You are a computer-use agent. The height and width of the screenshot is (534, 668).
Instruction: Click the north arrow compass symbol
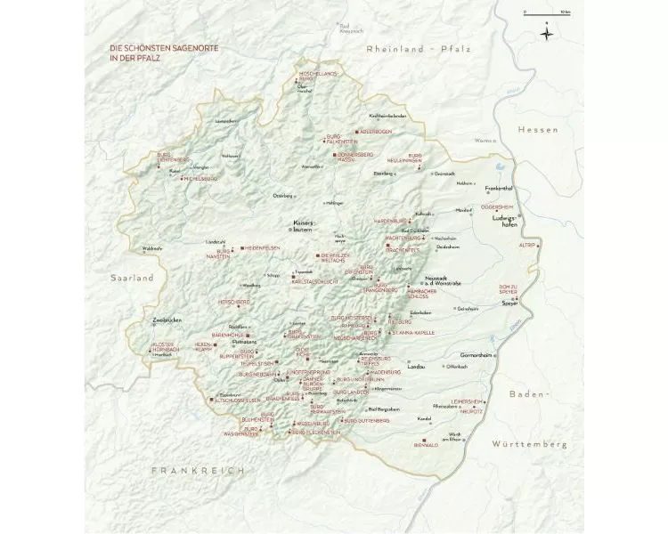(x=546, y=34)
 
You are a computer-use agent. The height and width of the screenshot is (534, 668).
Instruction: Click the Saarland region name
(x=132, y=278)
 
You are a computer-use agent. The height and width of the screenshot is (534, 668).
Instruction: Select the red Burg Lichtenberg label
(x=175, y=158)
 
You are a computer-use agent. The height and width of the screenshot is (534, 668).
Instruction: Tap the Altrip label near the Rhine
(x=526, y=243)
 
